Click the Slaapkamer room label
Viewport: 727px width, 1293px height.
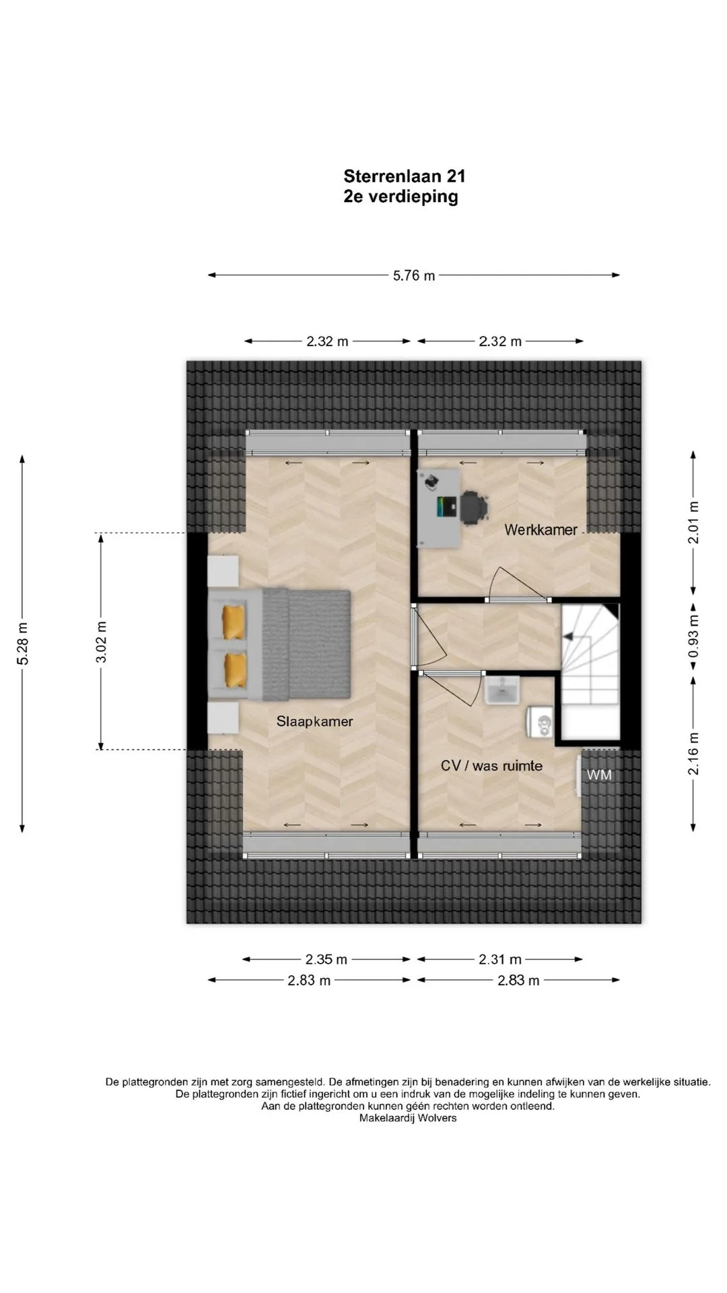(x=314, y=721)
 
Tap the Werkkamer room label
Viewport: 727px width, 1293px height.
(x=541, y=529)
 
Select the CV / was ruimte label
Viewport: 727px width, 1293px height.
(x=491, y=766)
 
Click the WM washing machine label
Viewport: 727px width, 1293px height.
(x=599, y=775)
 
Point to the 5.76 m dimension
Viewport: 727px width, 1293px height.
(x=414, y=275)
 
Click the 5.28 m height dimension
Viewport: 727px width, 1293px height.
(x=23, y=643)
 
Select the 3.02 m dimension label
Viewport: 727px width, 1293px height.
(x=101, y=641)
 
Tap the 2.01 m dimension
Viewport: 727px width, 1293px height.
(x=693, y=522)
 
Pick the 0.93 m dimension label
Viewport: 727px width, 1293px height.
(x=693, y=636)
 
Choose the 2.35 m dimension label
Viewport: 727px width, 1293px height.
(x=326, y=959)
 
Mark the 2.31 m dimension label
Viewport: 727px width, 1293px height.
(x=500, y=959)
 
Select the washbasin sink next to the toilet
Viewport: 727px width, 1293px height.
(x=501, y=690)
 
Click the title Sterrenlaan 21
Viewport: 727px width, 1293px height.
(x=404, y=176)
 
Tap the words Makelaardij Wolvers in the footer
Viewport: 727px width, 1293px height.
(x=408, y=1118)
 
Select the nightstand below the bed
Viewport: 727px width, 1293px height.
(x=223, y=719)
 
